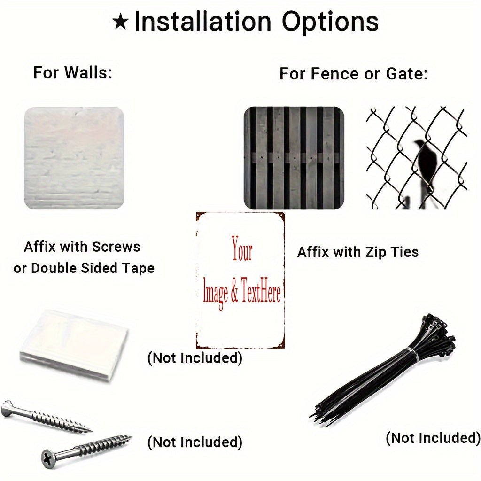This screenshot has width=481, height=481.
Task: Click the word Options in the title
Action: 330,22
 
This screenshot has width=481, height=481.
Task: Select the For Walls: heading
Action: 73,73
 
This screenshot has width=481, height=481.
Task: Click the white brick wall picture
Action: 74,158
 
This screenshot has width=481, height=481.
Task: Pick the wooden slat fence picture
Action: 294,158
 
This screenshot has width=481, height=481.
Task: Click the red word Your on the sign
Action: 242,248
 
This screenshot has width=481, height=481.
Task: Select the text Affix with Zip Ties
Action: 358,252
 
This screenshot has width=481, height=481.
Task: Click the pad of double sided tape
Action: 75,340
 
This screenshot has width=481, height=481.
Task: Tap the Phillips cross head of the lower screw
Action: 47,458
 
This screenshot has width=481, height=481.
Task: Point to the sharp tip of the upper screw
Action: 91,429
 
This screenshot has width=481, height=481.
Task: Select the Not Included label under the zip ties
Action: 433,438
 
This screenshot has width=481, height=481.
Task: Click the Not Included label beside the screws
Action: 195,442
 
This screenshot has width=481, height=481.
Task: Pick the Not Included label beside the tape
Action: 195,358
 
